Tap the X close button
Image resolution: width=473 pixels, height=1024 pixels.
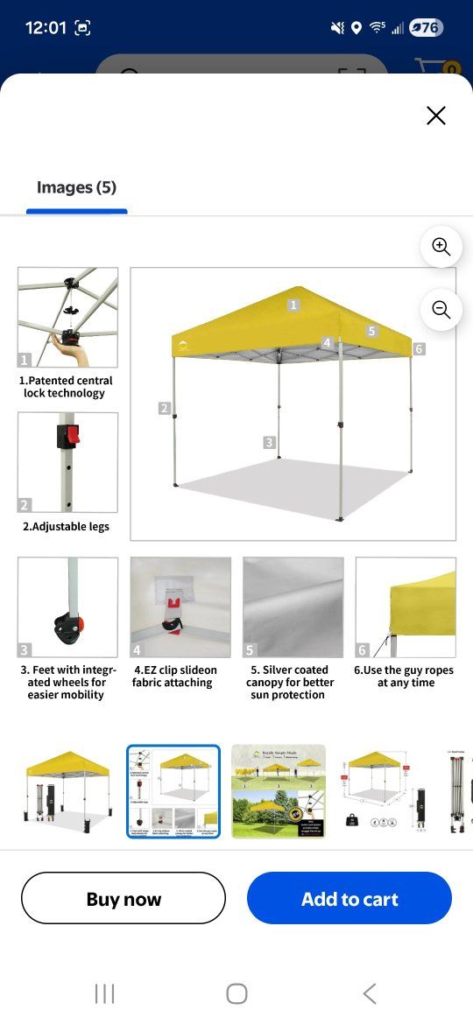tap(435, 116)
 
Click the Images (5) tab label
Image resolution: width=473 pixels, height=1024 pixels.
tap(76, 187)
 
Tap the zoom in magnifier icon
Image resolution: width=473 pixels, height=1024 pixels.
tap(441, 248)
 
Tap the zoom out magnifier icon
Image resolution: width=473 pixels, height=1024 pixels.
tap(441, 309)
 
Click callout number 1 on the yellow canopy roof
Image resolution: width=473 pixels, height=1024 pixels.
tap(293, 305)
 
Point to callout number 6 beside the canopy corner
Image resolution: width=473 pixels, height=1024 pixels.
tap(419, 349)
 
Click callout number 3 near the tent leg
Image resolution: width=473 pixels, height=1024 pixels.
tap(270, 443)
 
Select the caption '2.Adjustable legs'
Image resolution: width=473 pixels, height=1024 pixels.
tap(67, 527)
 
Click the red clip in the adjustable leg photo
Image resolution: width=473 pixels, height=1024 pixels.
tap(72, 433)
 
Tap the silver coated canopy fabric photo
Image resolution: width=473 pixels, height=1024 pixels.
tap(293, 607)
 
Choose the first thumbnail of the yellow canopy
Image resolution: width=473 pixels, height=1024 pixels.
tap(67, 791)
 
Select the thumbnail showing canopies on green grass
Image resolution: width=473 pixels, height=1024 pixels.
tap(279, 791)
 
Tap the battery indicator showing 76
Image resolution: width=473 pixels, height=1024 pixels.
tap(425, 28)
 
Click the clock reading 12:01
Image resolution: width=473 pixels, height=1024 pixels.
tap(46, 28)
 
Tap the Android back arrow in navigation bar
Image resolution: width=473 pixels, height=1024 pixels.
tap(369, 993)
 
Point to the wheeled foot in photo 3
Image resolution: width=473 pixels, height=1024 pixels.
tap(68, 625)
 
